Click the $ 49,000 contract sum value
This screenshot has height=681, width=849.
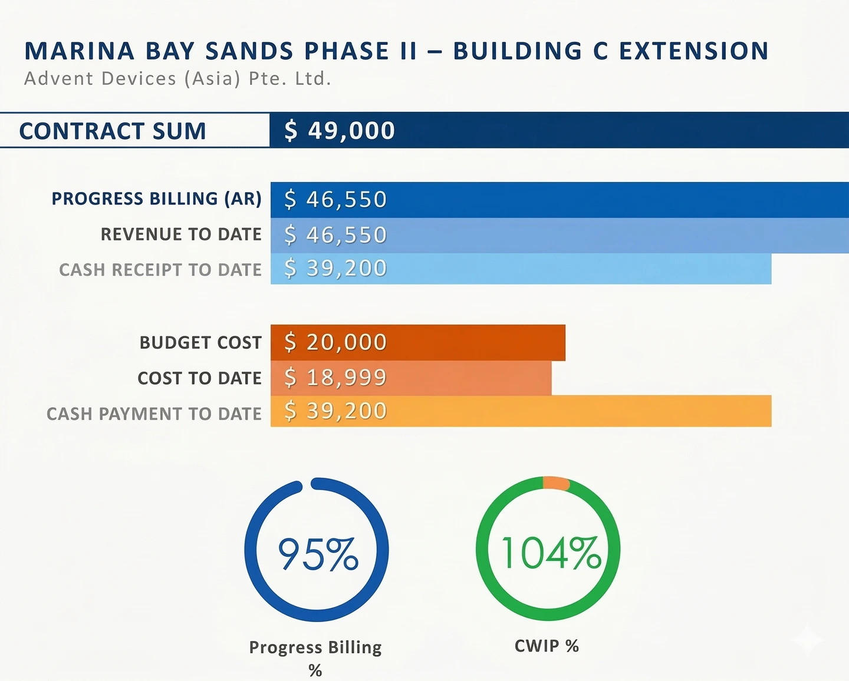pos(339,131)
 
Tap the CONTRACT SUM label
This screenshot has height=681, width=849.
pos(113,131)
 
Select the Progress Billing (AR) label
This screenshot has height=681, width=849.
pos(157,199)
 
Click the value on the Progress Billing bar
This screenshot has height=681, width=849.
pos(335,199)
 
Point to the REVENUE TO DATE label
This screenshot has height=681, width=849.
pos(181,234)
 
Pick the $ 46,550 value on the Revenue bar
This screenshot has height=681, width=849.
pos(335,234)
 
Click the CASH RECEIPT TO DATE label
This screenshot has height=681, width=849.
pos(160,270)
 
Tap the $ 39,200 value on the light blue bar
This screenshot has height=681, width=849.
pos(335,268)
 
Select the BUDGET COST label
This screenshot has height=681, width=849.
pos(200,343)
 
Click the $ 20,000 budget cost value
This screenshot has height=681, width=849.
pos(335,342)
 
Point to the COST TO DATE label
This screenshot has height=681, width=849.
pos(199,378)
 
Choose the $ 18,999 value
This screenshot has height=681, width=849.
pos(335,378)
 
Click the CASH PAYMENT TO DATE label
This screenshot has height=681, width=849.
pos(154,414)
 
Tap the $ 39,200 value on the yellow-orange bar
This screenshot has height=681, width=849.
pos(335,411)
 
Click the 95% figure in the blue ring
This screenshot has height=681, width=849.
pos(318,553)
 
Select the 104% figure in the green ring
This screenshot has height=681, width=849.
pos(551,553)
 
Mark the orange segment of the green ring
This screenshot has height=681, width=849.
pos(556,483)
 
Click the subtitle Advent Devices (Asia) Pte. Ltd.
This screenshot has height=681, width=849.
pos(177,78)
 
